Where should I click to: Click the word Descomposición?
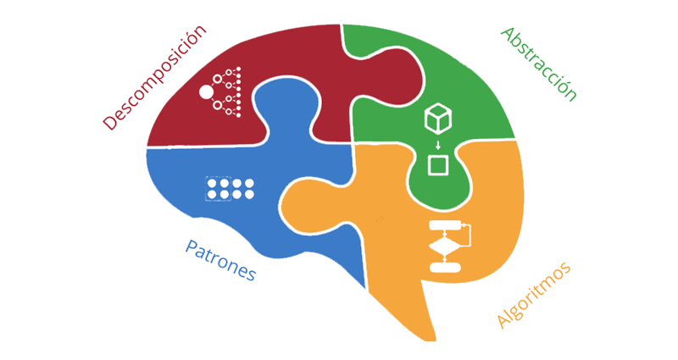pyautogui.click(x=154, y=77)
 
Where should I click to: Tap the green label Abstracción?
pyautogui.click(x=539, y=64)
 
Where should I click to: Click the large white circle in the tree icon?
pyautogui.click(x=206, y=91)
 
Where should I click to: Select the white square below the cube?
pyautogui.click(x=438, y=164)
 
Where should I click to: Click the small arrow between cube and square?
pyautogui.click(x=437, y=143)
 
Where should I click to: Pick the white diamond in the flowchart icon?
pyautogui.click(x=445, y=247)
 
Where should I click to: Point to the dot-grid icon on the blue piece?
pyautogui.click(x=231, y=188)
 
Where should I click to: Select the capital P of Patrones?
pyautogui.click(x=191, y=247)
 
